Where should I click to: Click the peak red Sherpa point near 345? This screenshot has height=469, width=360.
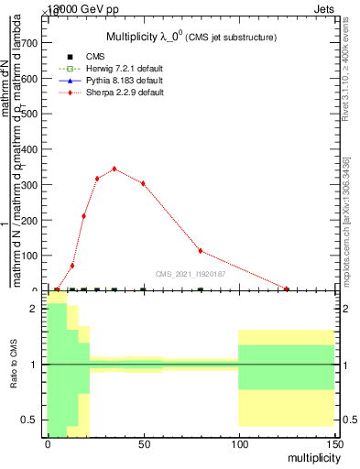coord(114,169)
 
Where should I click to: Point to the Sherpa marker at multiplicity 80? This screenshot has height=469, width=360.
coord(201,251)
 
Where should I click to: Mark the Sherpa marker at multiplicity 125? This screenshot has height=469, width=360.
coord(287,289)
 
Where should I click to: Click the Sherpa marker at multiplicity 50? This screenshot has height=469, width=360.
coord(143,183)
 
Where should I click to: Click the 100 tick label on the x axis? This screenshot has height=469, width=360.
coord(239,442)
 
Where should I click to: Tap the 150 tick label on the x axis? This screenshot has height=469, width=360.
coord(334,442)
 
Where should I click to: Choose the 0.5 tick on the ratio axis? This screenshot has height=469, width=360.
coord(30,420)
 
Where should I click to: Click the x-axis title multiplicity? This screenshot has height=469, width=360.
coord(309,456)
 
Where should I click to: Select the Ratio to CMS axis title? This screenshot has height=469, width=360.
coord(14,365)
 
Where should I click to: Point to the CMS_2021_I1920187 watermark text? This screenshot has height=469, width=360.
coord(191,273)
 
